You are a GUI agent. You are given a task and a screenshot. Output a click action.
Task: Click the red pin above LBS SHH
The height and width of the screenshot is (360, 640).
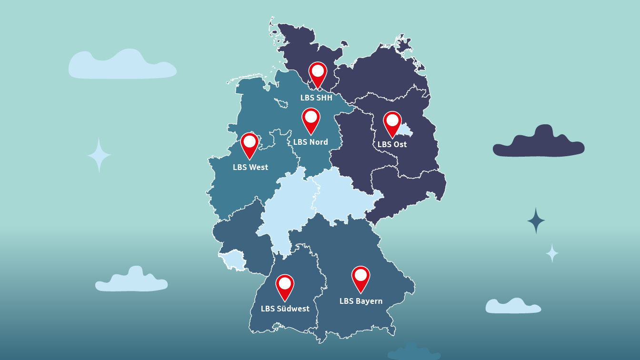pos(318,74)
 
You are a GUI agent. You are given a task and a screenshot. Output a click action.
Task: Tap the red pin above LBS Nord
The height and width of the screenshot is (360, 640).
pos(311,120)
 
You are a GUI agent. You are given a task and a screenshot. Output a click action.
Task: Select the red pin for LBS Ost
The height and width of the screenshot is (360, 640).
pos(392,123)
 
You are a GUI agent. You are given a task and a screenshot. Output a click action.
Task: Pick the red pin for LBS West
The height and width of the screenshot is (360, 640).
pos(250,144)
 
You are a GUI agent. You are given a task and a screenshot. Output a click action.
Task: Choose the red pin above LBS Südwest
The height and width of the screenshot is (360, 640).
pos(285,286)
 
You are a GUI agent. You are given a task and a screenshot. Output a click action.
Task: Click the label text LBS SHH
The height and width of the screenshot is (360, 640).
pos(316,98)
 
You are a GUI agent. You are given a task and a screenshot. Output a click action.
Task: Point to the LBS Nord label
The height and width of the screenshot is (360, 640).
pos(310,142)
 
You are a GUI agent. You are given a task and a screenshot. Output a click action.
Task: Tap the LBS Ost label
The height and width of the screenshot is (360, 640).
pos(392,144)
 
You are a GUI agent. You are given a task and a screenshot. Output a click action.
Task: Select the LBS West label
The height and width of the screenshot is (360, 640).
pos(250,167)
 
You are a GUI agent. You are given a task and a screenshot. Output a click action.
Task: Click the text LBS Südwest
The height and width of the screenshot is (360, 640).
pos(285,309)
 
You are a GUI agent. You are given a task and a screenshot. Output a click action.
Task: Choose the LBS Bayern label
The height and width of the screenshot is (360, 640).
pos(361,301)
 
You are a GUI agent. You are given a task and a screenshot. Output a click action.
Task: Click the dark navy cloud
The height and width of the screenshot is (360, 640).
pos(539,143)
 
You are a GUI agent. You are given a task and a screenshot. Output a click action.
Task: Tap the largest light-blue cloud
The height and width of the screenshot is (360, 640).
pos(122,66)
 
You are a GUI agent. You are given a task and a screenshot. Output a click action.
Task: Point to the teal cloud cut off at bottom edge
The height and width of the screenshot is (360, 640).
pos(413,353)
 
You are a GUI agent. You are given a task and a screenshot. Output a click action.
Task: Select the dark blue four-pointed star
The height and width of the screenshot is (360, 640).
pos(536,220)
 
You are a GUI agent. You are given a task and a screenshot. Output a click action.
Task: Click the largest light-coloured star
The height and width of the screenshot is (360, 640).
pos(99,155)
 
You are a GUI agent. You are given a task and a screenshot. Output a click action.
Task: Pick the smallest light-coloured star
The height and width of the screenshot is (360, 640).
pos(552,253)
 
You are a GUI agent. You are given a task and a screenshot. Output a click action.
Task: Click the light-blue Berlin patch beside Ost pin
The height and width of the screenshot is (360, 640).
pos(404,128)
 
